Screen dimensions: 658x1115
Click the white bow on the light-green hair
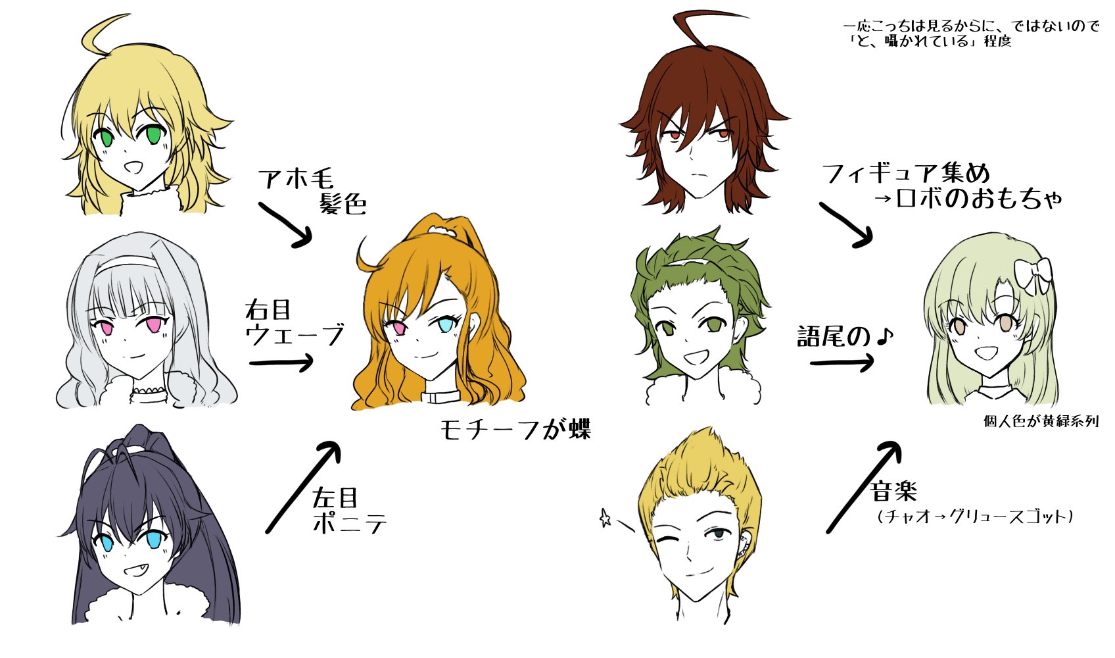[x=1033, y=275]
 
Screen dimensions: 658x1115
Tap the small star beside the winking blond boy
[x=605, y=519]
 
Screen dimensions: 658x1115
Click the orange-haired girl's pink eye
[x=397, y=327]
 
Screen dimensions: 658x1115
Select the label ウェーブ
[x=295, y=335]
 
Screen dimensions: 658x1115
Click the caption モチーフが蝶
[x=515, y=430]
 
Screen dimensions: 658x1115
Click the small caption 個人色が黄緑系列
[x=1041, y=421]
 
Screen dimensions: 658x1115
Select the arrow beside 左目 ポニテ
[x=302, y=487]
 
